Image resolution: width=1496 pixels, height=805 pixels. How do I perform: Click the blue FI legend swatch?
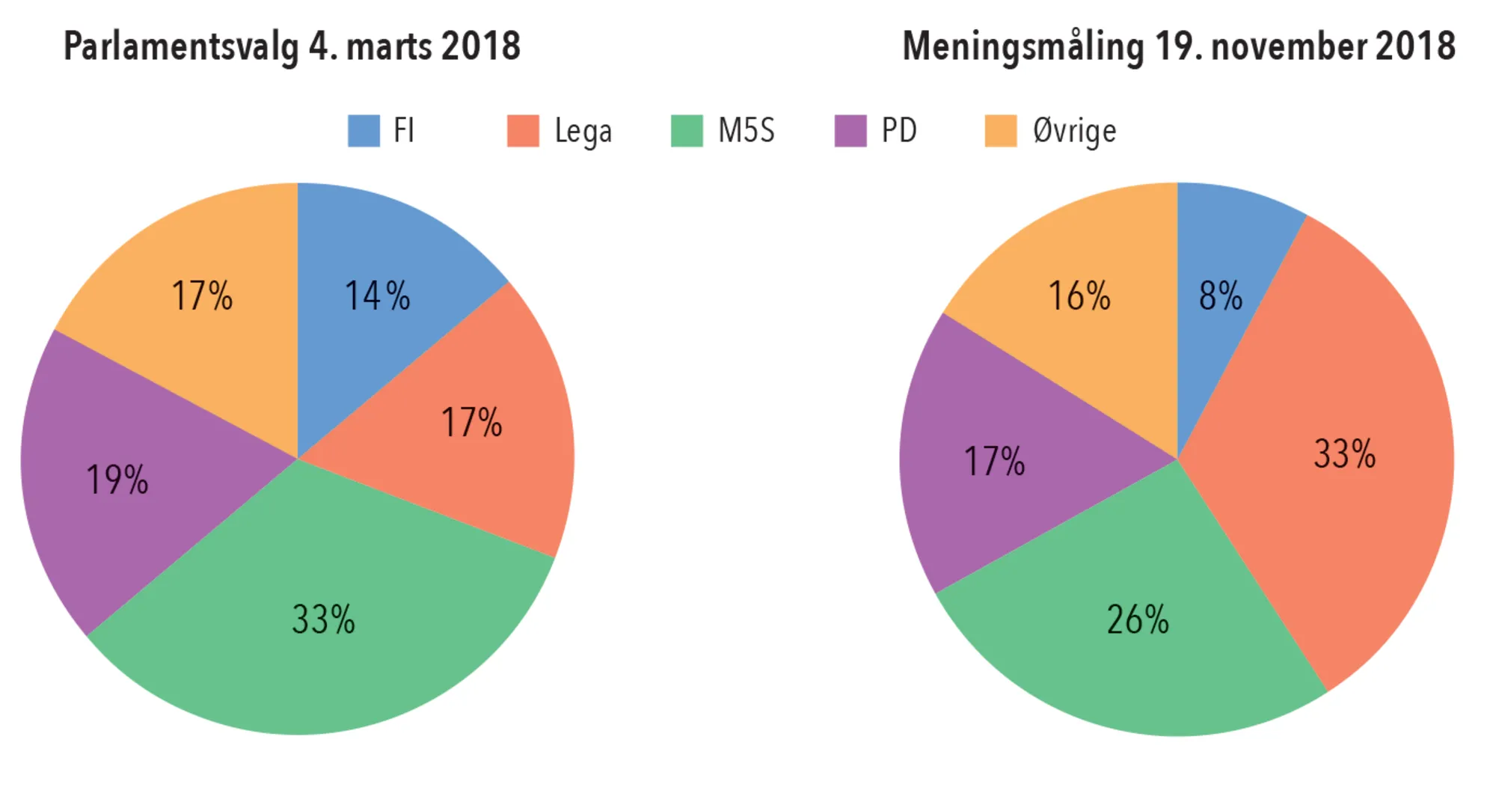coord(364,131)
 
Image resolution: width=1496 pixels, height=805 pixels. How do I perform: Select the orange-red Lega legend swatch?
coord(523,131)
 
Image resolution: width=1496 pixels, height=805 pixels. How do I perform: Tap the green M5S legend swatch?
coord(687,131)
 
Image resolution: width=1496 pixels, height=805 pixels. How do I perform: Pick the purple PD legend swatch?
coord(850,131)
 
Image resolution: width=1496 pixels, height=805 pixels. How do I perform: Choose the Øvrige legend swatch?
coord(1000,131)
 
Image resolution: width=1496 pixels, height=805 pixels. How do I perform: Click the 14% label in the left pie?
coord(377,296)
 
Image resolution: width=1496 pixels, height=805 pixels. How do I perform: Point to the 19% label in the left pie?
coord(117,480)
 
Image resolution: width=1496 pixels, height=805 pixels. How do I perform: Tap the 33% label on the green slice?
coord(323,619)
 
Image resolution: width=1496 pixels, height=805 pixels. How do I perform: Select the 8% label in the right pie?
coord(1220,296)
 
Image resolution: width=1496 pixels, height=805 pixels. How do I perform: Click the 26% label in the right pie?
coord(1137,619)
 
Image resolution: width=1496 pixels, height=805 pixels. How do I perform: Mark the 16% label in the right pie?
coord(1079,296)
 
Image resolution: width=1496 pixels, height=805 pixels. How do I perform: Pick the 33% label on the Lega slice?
coord(1344,454)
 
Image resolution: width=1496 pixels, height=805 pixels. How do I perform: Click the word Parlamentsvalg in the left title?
coord(180,46)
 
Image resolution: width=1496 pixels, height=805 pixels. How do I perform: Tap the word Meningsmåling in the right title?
coord(1023,46)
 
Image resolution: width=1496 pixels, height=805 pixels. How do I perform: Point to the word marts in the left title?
coord(389,46)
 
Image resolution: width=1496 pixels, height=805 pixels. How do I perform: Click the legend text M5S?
coord(746,131)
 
